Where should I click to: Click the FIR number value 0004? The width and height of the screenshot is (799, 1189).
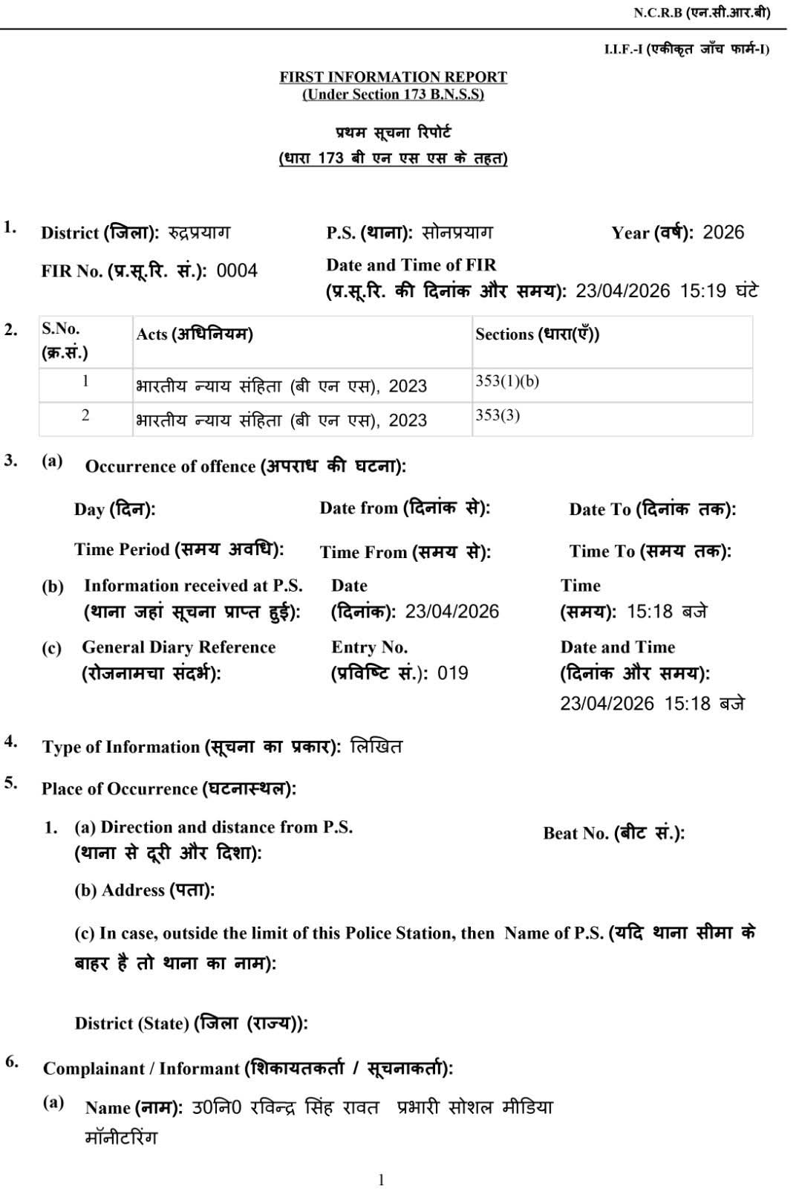(237, 270)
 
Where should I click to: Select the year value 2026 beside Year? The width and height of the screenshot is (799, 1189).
(723, 233)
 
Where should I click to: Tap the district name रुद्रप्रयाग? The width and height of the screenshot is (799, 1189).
(198, 233)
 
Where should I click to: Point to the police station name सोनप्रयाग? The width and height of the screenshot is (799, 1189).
(457, 233)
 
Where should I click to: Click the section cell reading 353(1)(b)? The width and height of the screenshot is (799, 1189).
(507, 381)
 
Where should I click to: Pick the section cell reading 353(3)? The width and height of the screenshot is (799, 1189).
(498, 415)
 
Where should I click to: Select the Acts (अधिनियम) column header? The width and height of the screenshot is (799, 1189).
(195, 334)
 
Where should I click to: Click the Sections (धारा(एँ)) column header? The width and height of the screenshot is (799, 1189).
(538, 334)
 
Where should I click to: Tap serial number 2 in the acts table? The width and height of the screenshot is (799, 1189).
(85, 415)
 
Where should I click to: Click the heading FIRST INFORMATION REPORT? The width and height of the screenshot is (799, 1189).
(393, 77)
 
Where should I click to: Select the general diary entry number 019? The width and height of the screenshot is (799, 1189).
(452, 673)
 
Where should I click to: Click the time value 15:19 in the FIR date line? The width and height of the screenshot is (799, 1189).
(702, 291)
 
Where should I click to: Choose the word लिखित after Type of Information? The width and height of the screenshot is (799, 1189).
(376, 746)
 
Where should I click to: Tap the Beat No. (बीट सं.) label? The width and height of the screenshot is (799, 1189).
(613, 833)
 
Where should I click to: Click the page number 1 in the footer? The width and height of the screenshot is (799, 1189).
(381, 1179)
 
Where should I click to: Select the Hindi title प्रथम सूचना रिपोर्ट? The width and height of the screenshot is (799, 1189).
(393, 133)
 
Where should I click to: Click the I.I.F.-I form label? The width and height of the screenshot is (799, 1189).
(686, 49)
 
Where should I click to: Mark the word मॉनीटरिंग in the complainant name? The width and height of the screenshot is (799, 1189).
(121, 1138)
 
